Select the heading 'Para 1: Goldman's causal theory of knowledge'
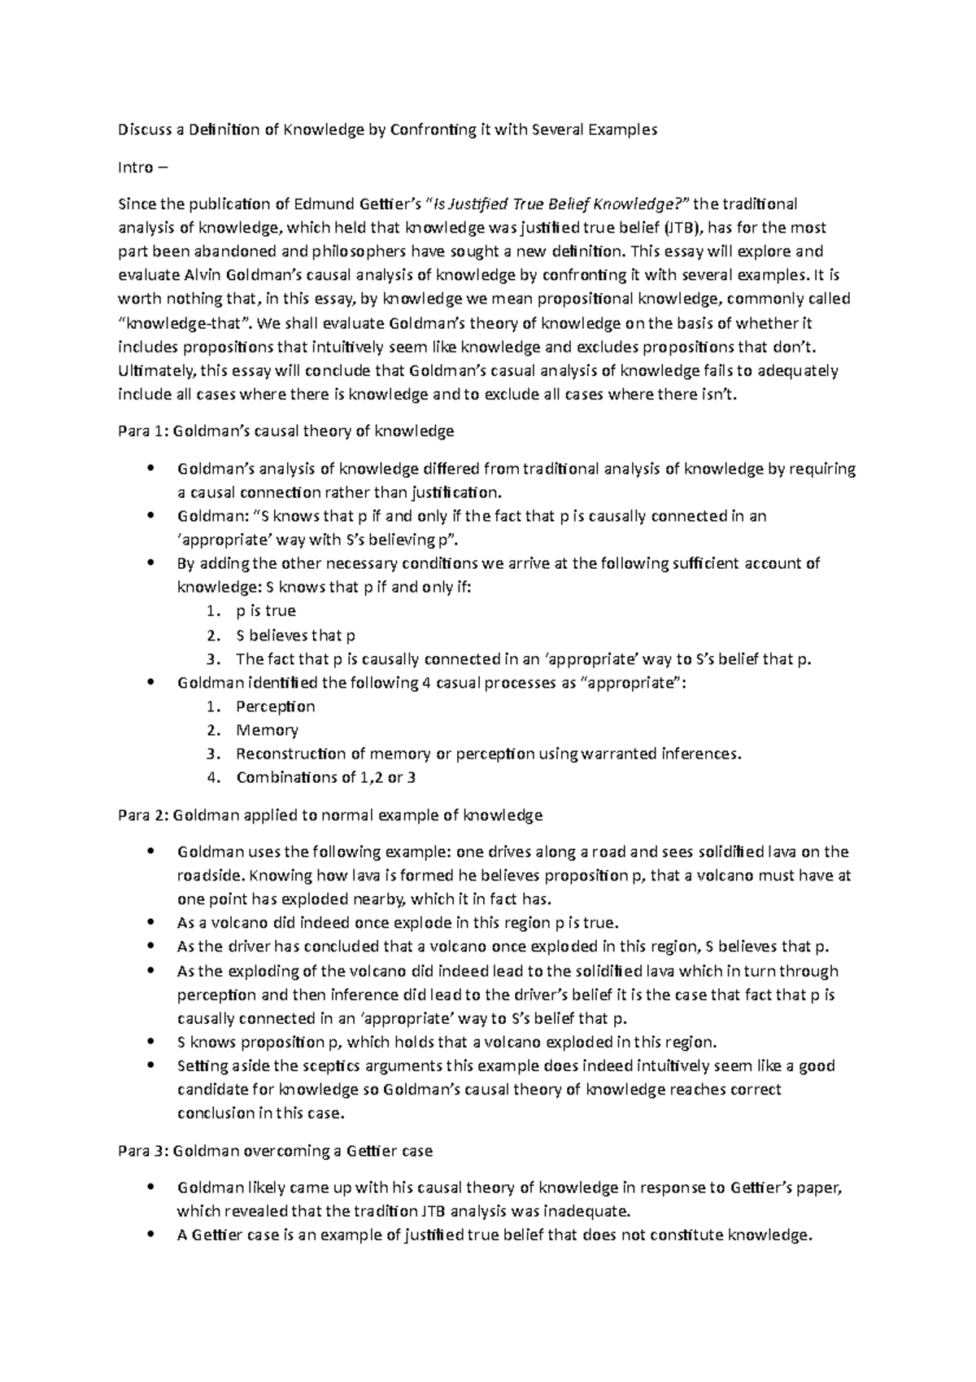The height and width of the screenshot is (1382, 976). coord(286,431)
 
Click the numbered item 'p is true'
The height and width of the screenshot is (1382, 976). coord(265,611)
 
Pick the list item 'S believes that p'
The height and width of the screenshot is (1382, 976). coord(295,636)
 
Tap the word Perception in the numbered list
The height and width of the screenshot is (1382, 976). coord(275,706)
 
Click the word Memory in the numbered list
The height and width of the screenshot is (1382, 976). coord(267,730)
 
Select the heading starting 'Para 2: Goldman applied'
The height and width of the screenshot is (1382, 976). coord(330,815)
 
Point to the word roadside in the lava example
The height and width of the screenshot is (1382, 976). coord(209,876)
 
